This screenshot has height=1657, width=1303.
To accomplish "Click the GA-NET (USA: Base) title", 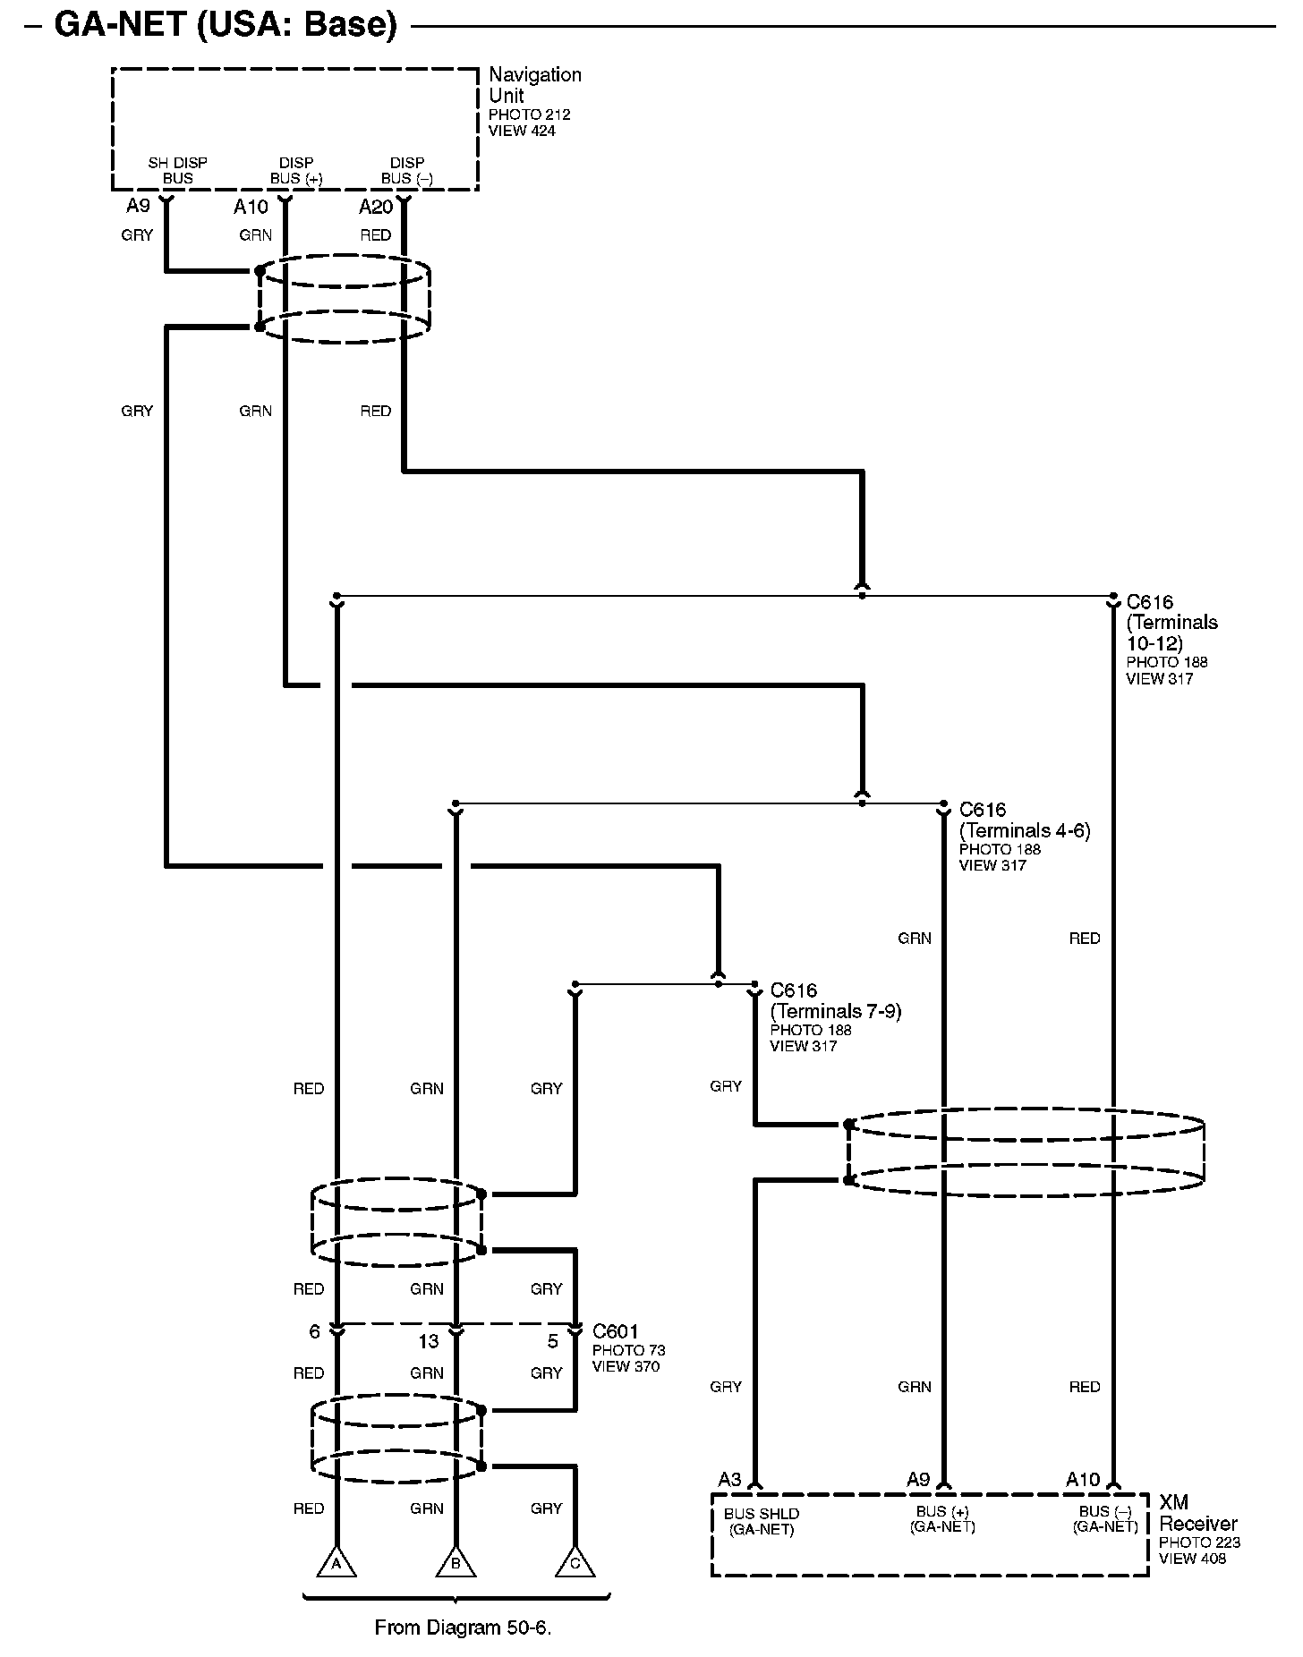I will tap(226, 24).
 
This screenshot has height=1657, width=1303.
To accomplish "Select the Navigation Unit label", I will tap(534, 85).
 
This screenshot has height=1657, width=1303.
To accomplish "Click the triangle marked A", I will tap(336, 1563).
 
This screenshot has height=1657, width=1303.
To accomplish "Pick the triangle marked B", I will tap(456, 1563).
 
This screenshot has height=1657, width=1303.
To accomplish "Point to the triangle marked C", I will tap(575, 1563).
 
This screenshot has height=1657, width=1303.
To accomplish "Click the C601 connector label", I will tap(616, 1332).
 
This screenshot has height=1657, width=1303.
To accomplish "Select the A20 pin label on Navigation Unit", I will tap(376, 207).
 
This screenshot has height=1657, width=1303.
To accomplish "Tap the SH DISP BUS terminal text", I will tap(177, 170).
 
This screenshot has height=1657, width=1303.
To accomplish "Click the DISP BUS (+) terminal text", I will tap(296, 170).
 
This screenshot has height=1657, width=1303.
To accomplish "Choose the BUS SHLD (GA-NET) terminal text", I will tap(762, 1521).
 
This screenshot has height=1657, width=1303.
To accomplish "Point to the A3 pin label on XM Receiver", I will tap(730, 1479).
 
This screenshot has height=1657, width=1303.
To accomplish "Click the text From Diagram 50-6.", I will tap(463, 1627).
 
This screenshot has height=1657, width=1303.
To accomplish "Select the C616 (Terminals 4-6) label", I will tap(1024, 820).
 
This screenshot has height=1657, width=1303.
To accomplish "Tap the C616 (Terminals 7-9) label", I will tap(835, 1000).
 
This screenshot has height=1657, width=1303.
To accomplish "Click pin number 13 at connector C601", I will tap(429, 1342).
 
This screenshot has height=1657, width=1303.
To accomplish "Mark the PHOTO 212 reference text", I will tap(529, 115).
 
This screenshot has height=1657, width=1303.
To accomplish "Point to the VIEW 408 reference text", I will tap(1192, 1559).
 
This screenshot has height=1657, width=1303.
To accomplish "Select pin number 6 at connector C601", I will tap(314, 1332).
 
